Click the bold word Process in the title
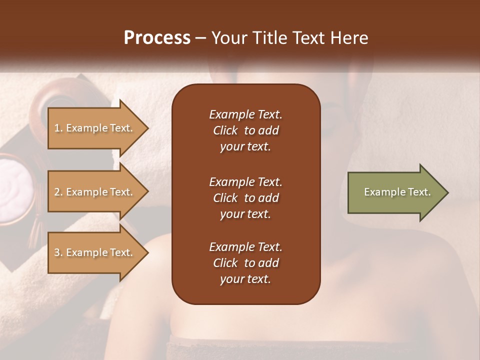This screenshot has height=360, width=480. tap(157, 38)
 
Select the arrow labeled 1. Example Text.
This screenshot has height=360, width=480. tap(95, 128)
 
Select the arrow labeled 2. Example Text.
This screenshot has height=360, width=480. tap(95, 192)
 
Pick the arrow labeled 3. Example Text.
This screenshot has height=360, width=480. tap(95, 252)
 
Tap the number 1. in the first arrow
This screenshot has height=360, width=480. tap(58, 128)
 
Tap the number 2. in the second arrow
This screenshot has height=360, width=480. tap(58, 192)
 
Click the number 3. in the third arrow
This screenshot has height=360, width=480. tap(58, 252)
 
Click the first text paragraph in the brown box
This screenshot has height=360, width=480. tap(245, 130)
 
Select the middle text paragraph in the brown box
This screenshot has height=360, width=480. tap(245, 197)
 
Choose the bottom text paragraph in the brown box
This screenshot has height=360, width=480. tap(245, 263)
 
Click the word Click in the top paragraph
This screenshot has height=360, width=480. tap(225, 130)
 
